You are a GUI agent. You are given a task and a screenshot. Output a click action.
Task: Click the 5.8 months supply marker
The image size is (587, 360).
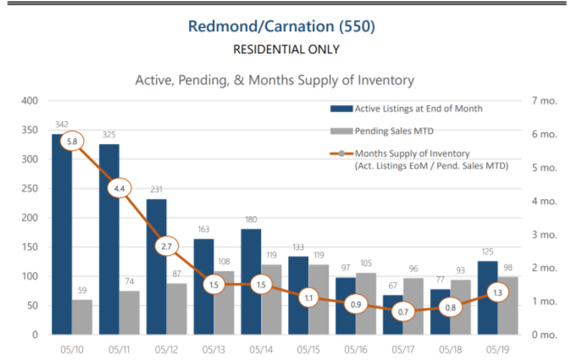point(72,141)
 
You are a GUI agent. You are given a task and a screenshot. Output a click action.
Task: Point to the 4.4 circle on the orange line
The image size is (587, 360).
point(119,188)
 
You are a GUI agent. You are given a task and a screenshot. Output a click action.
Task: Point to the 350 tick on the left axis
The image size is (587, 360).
point(30,130)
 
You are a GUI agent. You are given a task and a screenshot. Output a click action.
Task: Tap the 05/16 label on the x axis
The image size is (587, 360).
point(357,348)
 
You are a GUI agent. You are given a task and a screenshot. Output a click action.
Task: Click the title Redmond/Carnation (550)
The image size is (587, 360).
point(292,26)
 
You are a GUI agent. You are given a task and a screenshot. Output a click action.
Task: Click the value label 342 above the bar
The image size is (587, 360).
point(62,125)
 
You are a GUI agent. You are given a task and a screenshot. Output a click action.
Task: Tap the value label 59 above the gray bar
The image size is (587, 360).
point(82,291)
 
